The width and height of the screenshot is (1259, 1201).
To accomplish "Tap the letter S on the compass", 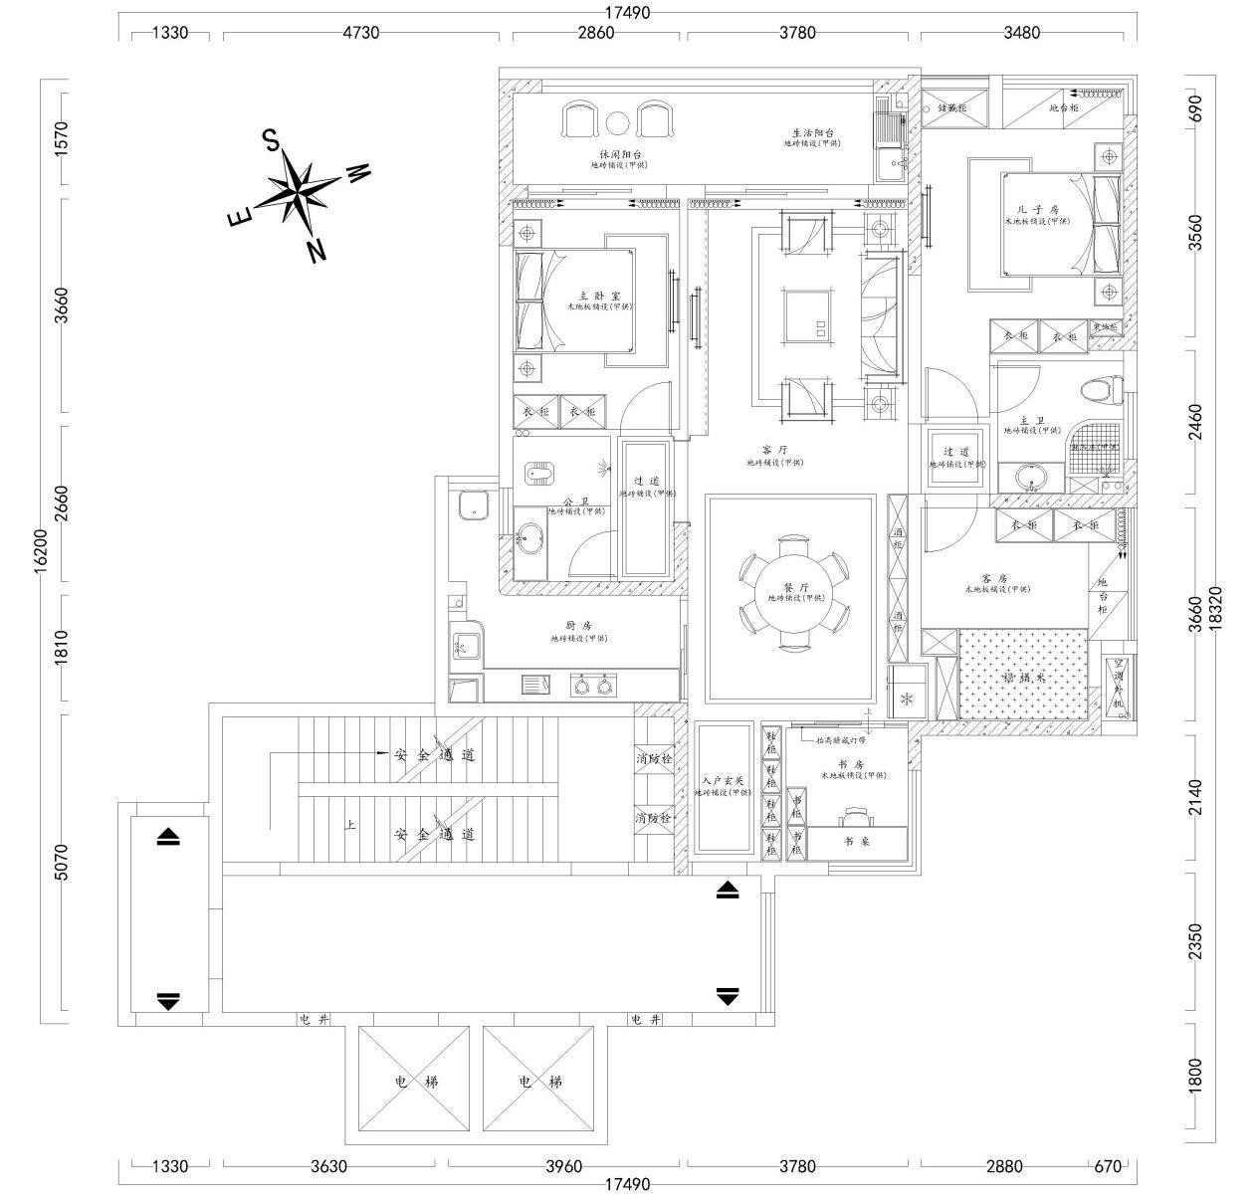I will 270,140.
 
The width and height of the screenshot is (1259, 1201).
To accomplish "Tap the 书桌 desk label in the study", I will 856,841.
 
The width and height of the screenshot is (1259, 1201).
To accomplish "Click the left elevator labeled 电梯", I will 415,1082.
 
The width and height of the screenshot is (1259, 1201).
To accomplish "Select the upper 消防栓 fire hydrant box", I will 654,759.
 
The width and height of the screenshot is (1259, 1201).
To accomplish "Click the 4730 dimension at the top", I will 360,32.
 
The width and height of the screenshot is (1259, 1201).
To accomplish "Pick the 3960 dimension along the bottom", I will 562,1166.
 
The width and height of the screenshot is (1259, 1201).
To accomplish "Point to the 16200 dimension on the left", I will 41,548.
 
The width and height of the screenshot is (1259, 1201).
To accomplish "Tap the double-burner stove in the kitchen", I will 593,685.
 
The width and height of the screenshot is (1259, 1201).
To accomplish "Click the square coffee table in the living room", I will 807,315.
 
